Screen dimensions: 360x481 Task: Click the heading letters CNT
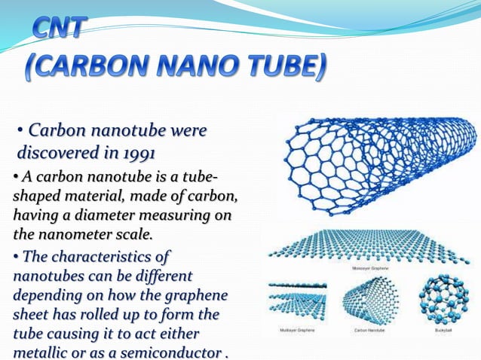[61, 31]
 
